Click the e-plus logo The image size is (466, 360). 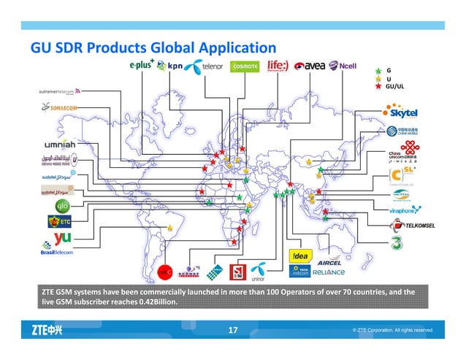point(146,65)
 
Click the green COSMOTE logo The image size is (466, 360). point(245,66)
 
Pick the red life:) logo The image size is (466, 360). point(280,66)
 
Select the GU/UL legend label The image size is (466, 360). point(394,87)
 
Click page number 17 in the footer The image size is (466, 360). point(233,331)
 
